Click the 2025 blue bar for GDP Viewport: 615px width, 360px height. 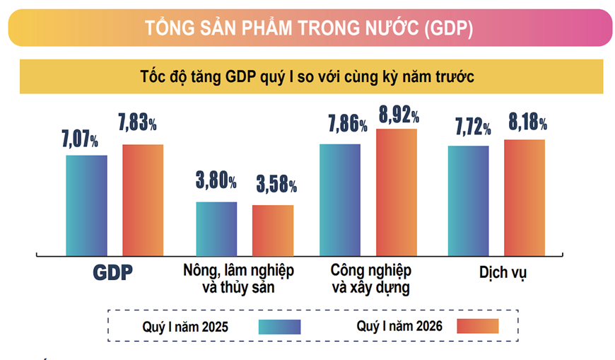click(x=86, y=205)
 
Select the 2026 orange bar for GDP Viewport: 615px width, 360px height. click(x=143, y=200)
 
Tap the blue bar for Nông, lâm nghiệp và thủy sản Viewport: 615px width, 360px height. click(x=216, y=228)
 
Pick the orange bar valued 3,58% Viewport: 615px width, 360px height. click(x=273, y=231)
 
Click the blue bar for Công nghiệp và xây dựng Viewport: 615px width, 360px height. click(x=340, y=199)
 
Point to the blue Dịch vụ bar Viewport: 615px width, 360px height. click(x=467, y=201)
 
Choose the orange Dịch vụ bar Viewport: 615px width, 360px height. click(x=524, y=197)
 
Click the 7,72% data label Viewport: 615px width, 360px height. click(x=473, y=128)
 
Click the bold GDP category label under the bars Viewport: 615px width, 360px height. click(x=112, y=273)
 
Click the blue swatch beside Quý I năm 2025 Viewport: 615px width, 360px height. click(x=280, y=327)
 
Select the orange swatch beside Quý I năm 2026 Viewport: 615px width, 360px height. click(x=477, y=326)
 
